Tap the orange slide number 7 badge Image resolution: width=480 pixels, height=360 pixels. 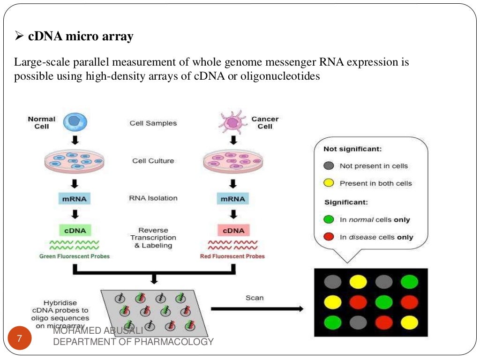19,338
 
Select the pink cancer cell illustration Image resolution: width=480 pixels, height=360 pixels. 233,122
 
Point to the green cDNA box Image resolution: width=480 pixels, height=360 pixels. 75,230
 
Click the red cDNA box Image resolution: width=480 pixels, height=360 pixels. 233,230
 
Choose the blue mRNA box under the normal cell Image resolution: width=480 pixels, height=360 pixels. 75,198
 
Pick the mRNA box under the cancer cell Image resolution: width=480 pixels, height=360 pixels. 233,198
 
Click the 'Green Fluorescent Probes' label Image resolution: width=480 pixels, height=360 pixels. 75,256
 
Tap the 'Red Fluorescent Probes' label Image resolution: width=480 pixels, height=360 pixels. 232,256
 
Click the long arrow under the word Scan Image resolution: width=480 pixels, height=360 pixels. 257,309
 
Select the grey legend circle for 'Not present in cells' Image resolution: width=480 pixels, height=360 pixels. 329,165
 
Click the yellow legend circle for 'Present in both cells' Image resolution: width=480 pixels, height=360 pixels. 329,183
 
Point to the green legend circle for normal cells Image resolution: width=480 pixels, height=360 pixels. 329,219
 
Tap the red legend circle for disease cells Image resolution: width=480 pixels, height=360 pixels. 329,237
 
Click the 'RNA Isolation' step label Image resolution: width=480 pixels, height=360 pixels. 153,198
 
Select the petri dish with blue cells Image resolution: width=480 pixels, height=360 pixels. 74,160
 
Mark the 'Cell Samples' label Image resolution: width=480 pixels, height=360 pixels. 153,123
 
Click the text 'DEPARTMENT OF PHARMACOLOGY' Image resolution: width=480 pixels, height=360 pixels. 133,342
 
